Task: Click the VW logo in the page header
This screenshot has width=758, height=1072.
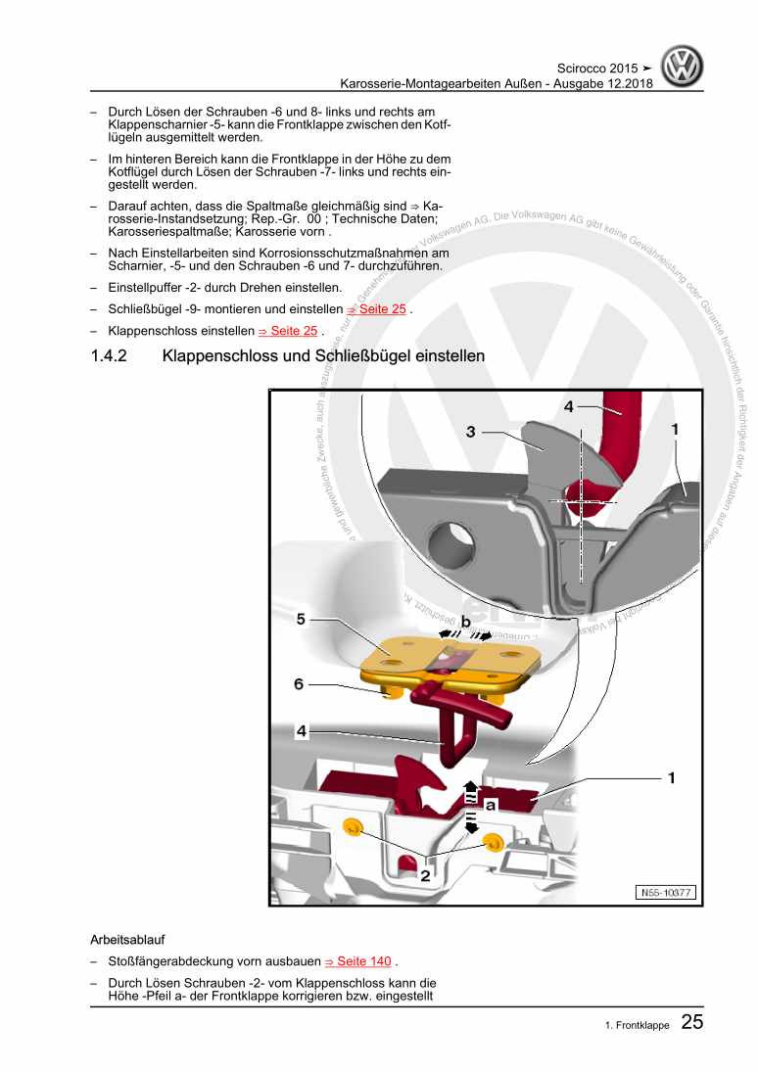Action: click(x=682, y=68)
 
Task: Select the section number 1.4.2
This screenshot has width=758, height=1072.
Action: click(x=109, y=356)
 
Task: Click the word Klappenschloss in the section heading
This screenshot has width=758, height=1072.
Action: click(x=222, y=356)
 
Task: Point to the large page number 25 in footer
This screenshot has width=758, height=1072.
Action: click(x=691, y=1024)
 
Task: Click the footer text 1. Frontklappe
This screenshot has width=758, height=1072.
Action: click(x=637, y=1026)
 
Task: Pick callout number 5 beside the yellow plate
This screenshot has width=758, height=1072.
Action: click(x=302, y=619)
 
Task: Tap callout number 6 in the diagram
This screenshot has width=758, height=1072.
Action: click(x=299, y=684)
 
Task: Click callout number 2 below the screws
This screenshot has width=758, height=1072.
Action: click(x=425, y=876)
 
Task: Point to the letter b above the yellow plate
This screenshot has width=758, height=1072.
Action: click(x=466, y=622)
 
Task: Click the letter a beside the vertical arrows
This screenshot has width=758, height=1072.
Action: click(x=492, y=805)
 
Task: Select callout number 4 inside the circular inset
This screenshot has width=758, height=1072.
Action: click(x=569, y=406)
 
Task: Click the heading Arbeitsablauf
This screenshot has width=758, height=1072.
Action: click(x=130, y=939)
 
